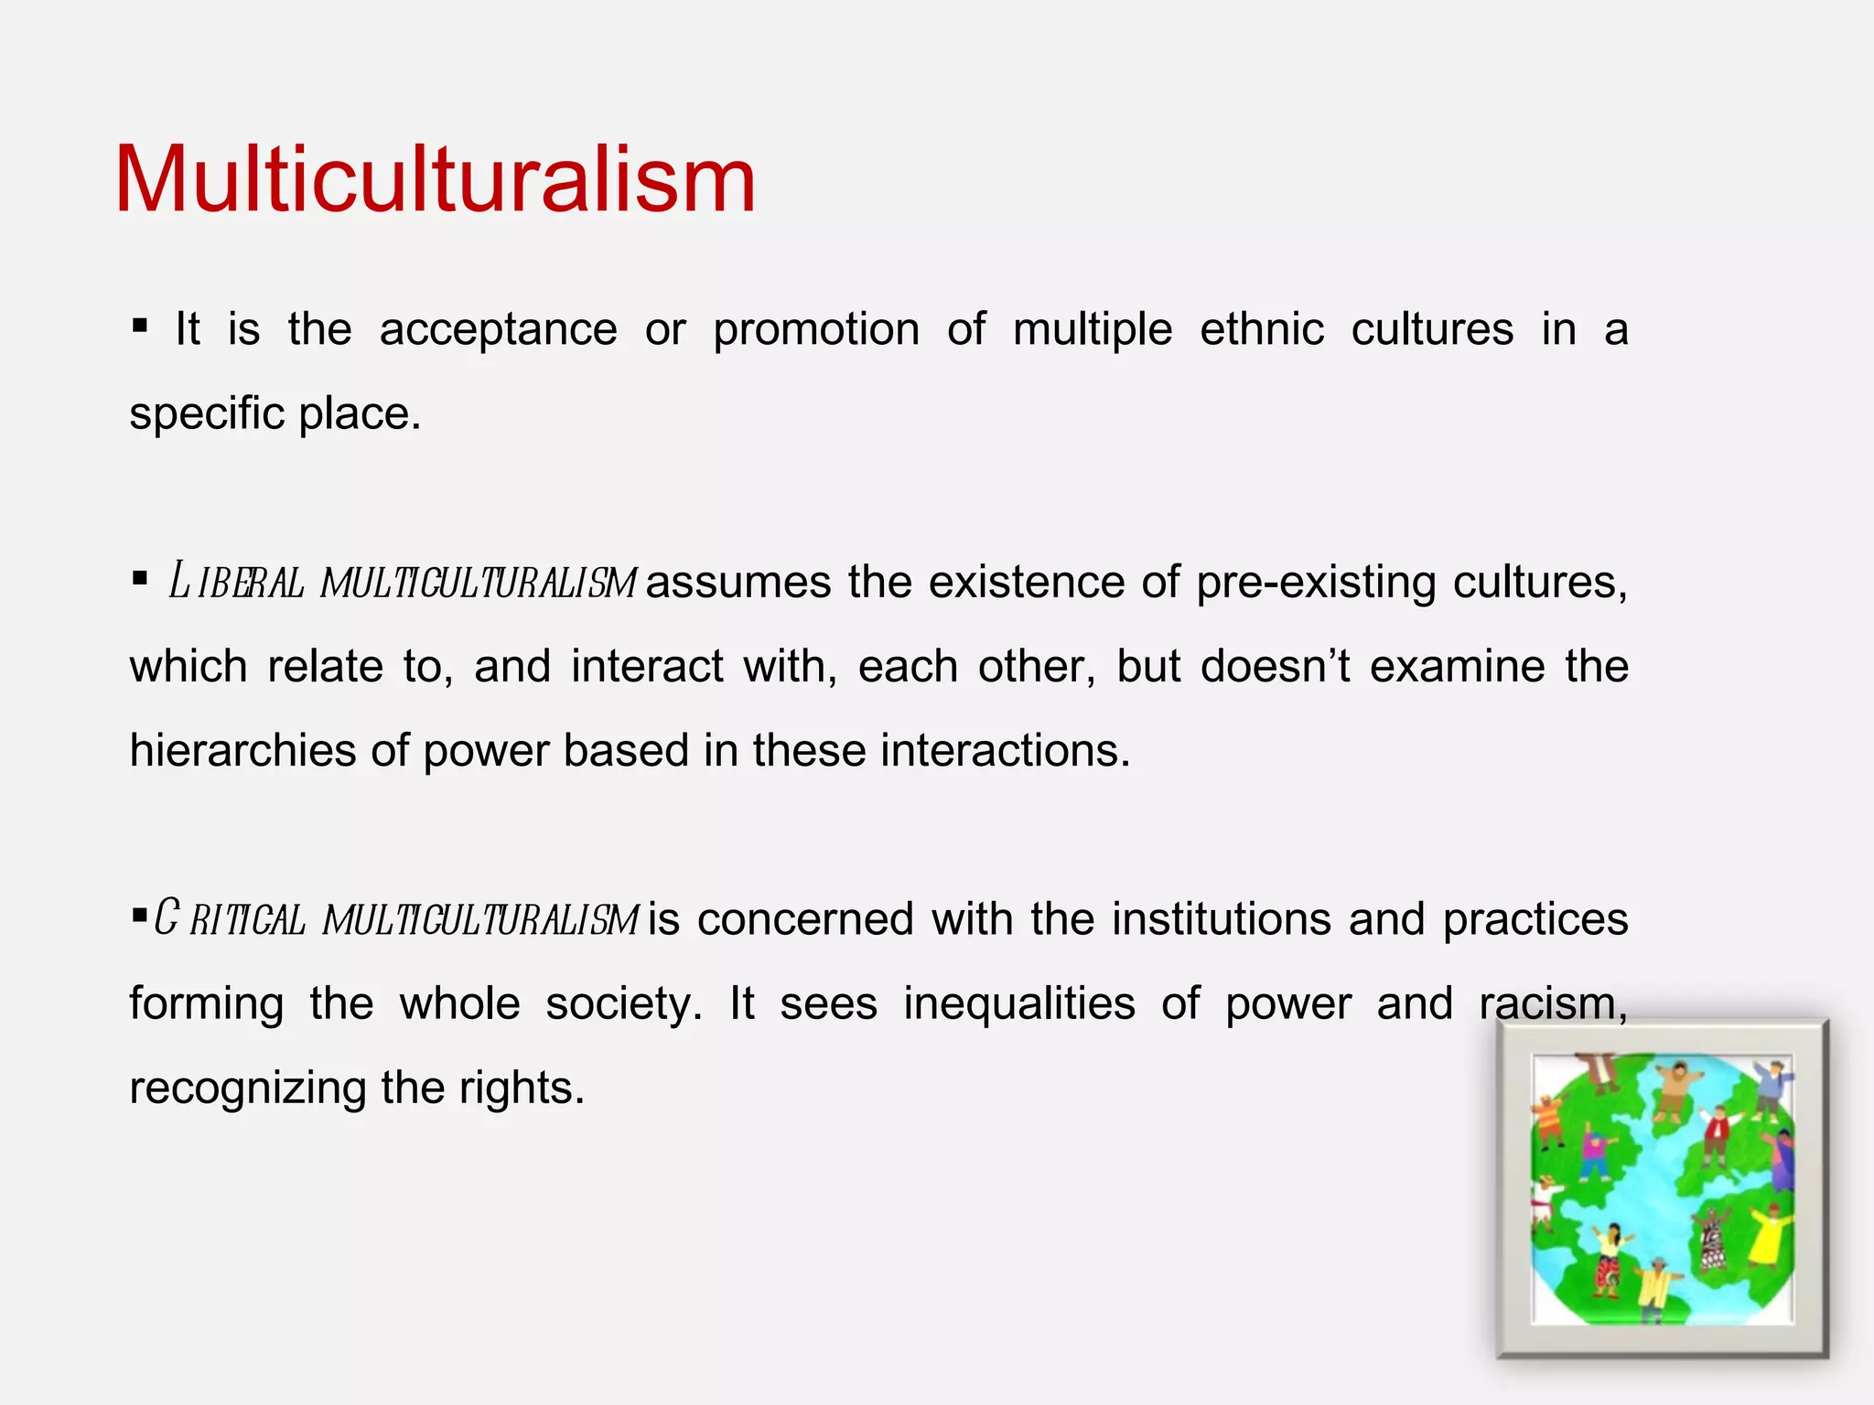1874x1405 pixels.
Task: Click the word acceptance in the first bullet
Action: [498, 330]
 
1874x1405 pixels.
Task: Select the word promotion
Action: [816, 330]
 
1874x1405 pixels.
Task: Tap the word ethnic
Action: [1262, 329]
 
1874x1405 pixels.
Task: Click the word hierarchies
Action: [242, 751]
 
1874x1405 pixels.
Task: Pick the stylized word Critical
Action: [229, 919]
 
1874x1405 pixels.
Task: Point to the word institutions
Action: [1222, 919]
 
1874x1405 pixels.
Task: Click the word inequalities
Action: [1019, 1003]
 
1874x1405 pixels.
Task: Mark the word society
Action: [623, 1003]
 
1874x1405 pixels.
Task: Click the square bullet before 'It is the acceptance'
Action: [140, 326]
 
